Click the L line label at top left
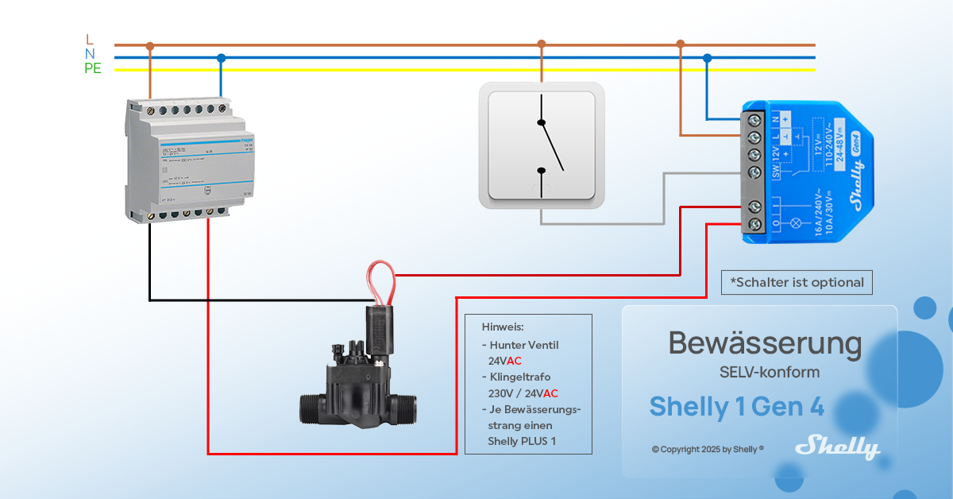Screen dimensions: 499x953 (x=89, y=39)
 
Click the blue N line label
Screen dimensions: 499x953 (x=90, y=54)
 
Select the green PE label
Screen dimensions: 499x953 (x=93, y=69)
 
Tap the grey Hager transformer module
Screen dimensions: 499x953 (x=184, y=159)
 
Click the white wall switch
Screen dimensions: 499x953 (x=541, y=146)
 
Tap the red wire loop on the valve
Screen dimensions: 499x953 (x=380, y=283)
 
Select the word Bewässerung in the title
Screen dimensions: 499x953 (x=765, y=343)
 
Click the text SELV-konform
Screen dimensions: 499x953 (x=763, y=372)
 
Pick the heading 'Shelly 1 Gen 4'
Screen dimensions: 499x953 (x=736, y=406)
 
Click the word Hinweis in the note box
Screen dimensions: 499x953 (x=503, y=327)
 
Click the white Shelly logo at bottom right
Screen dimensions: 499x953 (x=838, y=447)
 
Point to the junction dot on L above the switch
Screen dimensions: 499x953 (x=541, y=44)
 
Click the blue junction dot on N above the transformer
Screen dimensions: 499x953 (x=221, y=57)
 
